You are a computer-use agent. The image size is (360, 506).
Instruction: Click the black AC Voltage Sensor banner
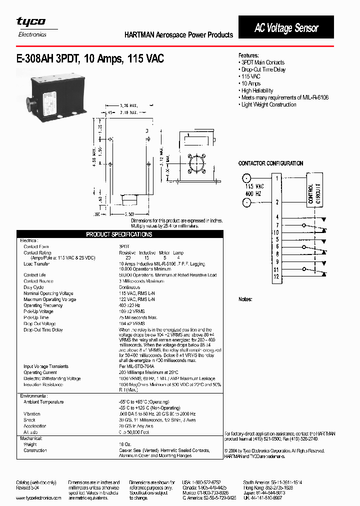pyautogui.click(x=286, y=28)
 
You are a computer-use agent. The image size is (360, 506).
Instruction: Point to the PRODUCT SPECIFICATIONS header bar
pyautogui.click(x=119, y=234)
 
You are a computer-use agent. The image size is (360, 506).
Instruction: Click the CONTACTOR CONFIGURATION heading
pyautogui.click(x=270, y=163)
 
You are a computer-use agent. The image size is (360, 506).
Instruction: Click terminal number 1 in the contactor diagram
pyautogui.click(x=276, y=178)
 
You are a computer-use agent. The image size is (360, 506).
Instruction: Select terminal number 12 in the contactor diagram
pyautogui.click(x=276, y=276)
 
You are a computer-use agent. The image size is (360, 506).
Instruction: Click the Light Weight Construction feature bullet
pyautogui.click(x=268, y=104)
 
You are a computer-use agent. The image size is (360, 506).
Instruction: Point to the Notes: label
pyautogui.click(x=245, y=299)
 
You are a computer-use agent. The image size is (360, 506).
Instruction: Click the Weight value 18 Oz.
pyautogui.click(x=125, y=444)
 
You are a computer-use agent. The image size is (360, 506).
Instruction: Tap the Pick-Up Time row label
pyautogui.click(x=36, y=317)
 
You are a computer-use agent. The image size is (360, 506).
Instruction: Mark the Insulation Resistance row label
pyautogui.click(x=43, y=384)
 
